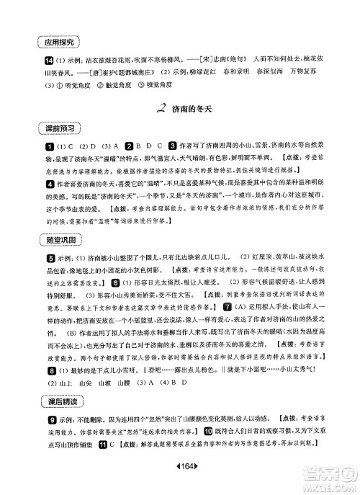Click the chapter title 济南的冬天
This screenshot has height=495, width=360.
click(192, 110)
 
